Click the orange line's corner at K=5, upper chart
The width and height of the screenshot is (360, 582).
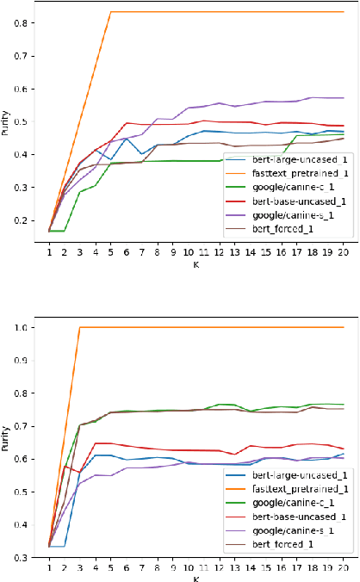[x=110, y=12]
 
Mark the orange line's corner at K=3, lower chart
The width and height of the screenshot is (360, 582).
[x=79, y=327]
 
